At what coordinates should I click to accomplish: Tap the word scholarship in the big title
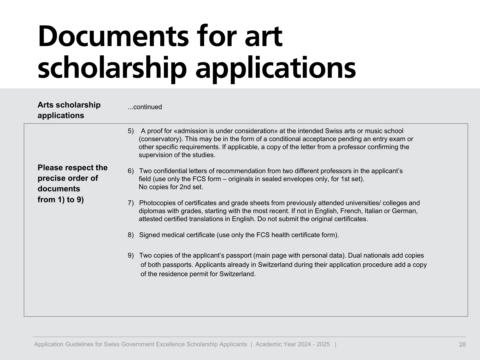click(112, 68)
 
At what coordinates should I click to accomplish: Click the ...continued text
click(145, 107)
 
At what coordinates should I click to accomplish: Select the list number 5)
click(131, 131)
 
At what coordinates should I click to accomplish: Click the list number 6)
click(131, 171)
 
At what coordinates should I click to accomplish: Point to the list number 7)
click(131, 203)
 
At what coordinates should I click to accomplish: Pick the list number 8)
click(131, 235)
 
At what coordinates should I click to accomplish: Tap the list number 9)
click(131, 255)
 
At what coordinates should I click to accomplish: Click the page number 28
click(462, 345)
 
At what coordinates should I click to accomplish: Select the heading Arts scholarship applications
click(69, 110)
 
